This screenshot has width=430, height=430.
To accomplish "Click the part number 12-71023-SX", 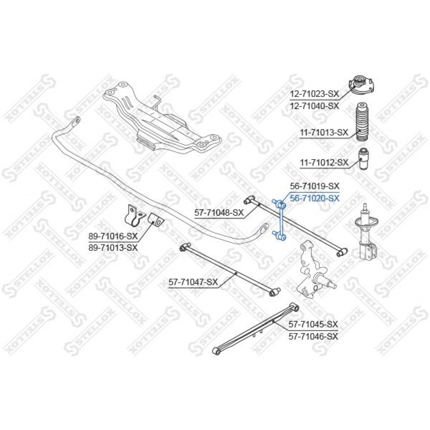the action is (x=315, y=94).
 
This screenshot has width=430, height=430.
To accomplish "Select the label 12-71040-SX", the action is (x=315, y=106).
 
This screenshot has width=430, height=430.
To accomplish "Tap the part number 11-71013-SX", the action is (x=324, y=133).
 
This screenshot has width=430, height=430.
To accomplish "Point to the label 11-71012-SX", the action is (x=324, y=163).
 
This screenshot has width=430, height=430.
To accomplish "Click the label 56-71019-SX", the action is (x=315, y=186).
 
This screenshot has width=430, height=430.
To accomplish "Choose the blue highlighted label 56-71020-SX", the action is (x=315, y=198).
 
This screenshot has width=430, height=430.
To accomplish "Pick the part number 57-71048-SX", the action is (x=219, y=212).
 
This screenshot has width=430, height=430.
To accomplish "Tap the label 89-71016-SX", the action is (x=113, y=236).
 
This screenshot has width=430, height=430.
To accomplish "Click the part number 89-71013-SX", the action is (x=113, y=248).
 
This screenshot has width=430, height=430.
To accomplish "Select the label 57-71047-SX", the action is (x=193, y=282).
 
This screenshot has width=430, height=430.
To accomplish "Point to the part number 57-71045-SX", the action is (x=313, y=324).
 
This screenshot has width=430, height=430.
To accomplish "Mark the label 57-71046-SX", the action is (x=313, y=336).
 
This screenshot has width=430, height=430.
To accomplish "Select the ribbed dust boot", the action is (x=362, y=122).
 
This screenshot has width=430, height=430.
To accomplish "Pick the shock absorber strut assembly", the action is (x=367, y=231).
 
